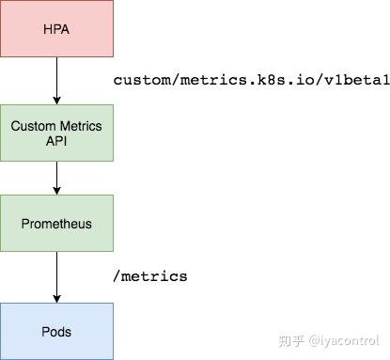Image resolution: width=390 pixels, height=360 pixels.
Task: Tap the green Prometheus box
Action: (x=56, y=224)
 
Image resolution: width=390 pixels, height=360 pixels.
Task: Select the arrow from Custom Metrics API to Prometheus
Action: (x=56, y=177)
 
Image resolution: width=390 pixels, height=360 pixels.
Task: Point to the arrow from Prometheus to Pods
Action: (x=56, y=277)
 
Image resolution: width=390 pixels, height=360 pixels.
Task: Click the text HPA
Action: (x=56, y=28)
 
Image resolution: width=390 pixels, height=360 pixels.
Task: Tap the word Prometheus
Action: (x=56, y=225)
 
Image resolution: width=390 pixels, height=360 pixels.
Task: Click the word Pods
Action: (x=56, y=332)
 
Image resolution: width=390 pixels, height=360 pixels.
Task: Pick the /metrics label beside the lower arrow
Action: (x=150, y=276)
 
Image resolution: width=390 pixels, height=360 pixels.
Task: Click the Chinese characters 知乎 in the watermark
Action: (x=295, y=340)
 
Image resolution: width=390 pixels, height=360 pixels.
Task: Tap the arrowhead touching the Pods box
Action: (x=56, y=297)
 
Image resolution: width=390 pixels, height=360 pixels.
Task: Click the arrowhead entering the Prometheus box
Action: (x=56, y=190)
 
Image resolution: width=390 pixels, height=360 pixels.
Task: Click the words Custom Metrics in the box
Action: (x=56, y=125)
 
